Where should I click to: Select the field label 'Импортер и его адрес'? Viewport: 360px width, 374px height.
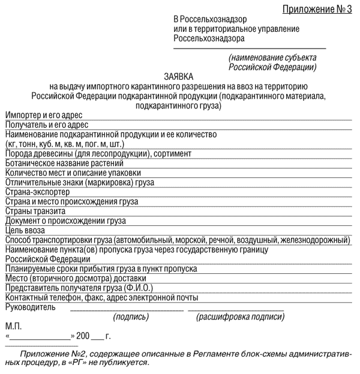click(x=44, y=115)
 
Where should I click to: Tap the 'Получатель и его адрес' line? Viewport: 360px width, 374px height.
click(x=47, y=125)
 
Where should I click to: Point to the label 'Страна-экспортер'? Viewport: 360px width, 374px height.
click(x=37, y=192)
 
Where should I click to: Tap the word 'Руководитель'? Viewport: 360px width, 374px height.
click(x=31, y=307)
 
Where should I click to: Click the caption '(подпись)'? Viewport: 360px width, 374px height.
click(x=131, y=317)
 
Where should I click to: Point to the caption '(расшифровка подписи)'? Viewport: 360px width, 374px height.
click(x=240, y=317)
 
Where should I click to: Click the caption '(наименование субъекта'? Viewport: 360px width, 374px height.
click(x=272, y=58)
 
